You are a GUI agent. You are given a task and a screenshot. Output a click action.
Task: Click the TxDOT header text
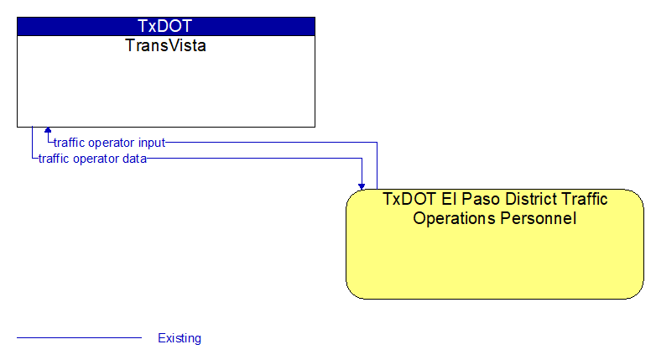(x=164, y=26)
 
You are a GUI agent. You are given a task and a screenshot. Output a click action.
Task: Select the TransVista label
(x=165, y=45)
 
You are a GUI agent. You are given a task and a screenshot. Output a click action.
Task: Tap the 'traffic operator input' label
(x=110, y=143)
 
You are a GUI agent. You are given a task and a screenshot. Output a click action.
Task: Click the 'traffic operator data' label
(x=92, y=159)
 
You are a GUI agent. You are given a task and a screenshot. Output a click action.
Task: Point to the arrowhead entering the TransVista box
(x=48, y=130)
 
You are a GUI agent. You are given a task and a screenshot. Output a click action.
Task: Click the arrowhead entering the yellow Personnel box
(x=362, y=186)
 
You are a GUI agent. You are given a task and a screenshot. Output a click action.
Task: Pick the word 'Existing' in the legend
(x=180, y=338)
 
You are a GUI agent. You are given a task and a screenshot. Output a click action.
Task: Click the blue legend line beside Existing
(x=79, y=337)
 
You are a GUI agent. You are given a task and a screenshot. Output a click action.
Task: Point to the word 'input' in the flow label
(x=152, y=143)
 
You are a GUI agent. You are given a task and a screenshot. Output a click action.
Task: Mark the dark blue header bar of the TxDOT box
(x=166, y=26)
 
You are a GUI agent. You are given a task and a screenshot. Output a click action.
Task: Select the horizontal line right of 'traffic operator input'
(x=272, y=143)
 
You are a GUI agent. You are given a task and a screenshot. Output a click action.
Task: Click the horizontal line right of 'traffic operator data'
(x=254, y=159)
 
